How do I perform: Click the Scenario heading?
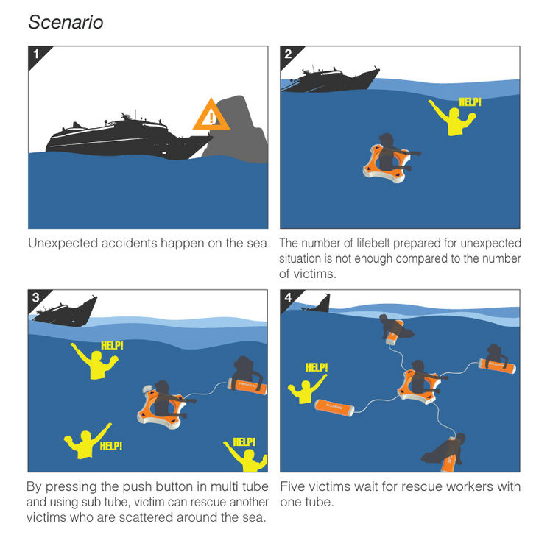pyautogui.click(x=66, y=22)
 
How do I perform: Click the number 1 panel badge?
pyautogui.click(x=39, y=57)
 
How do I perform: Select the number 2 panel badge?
pyautogui.click(x=291, y=57)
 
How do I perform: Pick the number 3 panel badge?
pyautogui.click(x=39, y=300)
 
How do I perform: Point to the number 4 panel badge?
pyautogui.click(x=291, y=300)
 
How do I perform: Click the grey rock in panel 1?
pyautogui.click(x=239, y=132)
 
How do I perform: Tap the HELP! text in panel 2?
pyautogui.click(x=470, y=102)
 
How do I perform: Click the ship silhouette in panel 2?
pyautogui.click(x=330, y=79)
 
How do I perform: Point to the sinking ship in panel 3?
pyautogui.click(x=66, y=311)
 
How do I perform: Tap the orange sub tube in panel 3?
pyautogui.click(x=247, y=386)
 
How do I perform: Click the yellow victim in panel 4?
pyautogui.click(x=305, y=390)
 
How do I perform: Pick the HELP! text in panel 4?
pyautogui.click(x=317, y=367)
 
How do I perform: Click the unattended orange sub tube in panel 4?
pyautogui.click(x=334, y=408)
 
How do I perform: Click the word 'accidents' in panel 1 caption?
pyautogui.click(x=130, y=243)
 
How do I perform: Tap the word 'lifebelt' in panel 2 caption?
pyautogui.click(x=373, y=243)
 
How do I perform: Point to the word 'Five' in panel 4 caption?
pyautogui.click(x=292, y=486)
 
